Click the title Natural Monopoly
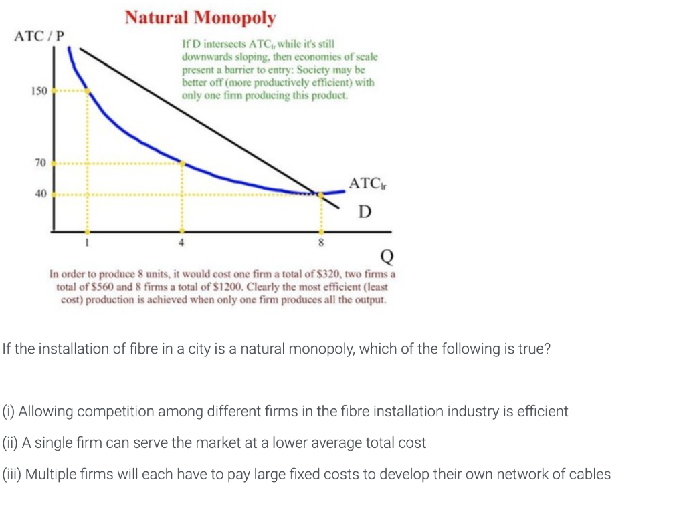point(200,17)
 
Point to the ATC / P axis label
point(39,35)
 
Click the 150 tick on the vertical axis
point(39,91)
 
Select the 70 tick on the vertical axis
point(40,162)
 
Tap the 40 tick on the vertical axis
point(40,194)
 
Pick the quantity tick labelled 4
point(181,243)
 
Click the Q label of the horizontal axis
point(386,255)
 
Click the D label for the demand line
point(364,213)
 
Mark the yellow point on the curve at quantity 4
point(182,162)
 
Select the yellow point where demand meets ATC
point(321,194)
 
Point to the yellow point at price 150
point(86,92)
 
